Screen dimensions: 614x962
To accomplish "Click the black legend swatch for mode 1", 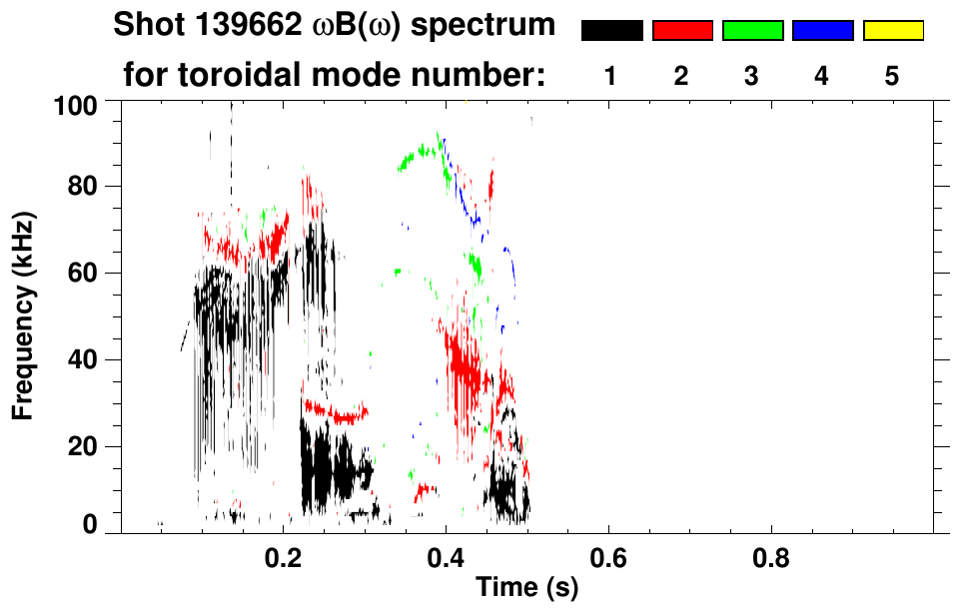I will coord(612,31).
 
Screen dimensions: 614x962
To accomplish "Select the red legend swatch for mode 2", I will coord(682,31).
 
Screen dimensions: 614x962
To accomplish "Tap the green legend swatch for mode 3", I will coord(752,31).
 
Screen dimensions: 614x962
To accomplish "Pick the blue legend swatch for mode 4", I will coord(822,31).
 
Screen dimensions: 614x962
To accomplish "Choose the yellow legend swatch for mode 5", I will coord(892,31).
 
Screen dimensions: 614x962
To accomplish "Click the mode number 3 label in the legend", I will coord(752,76).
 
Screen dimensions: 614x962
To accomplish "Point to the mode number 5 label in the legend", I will coord(892,76).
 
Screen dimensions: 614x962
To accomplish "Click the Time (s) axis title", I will coord(526,589).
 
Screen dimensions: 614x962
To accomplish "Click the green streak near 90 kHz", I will coord(420,154).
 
